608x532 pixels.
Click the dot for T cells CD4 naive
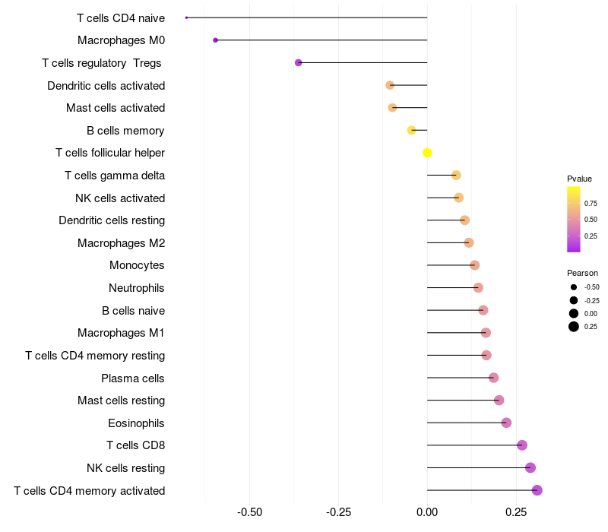click(x=186, y=17)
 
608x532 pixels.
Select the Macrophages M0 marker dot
click(x=216, y=40)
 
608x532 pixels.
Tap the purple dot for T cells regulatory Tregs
click(x=298, y=62)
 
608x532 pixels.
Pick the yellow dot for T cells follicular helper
click(x=427, y=153)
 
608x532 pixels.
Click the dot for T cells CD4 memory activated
click(x=537, y=490)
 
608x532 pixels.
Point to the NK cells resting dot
click(x=530, y=467)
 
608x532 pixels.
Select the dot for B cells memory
click(x=411, y=130)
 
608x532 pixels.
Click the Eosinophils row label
click(x=136, y=423)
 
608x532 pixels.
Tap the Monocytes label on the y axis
click(x=137, y=265)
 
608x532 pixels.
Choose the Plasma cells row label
click(x=132, y=378)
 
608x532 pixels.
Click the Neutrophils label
click(x=137, y=288)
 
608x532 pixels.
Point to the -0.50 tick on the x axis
click(x=250, y=512)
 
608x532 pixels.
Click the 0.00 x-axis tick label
click(x=427, y=512)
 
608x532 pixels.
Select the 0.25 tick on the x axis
click(x=516, y=512)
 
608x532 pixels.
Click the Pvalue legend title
click(x=579, y=179)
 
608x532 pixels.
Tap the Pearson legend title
click(x=582, y=273)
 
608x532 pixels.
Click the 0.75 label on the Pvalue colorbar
click(x=591, y=204)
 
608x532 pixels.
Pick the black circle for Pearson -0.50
click(x=574, y=287)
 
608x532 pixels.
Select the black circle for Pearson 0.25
click(x=574, y=327)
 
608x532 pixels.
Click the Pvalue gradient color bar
click(x=574, y=219)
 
